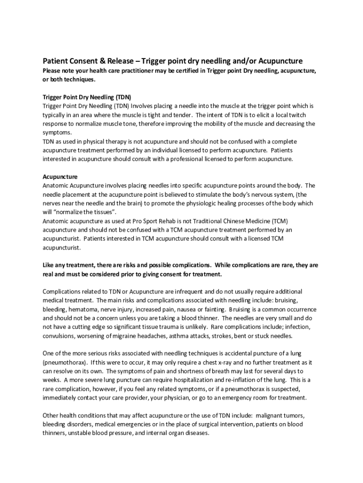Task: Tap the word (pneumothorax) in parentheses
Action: point(64,362)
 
